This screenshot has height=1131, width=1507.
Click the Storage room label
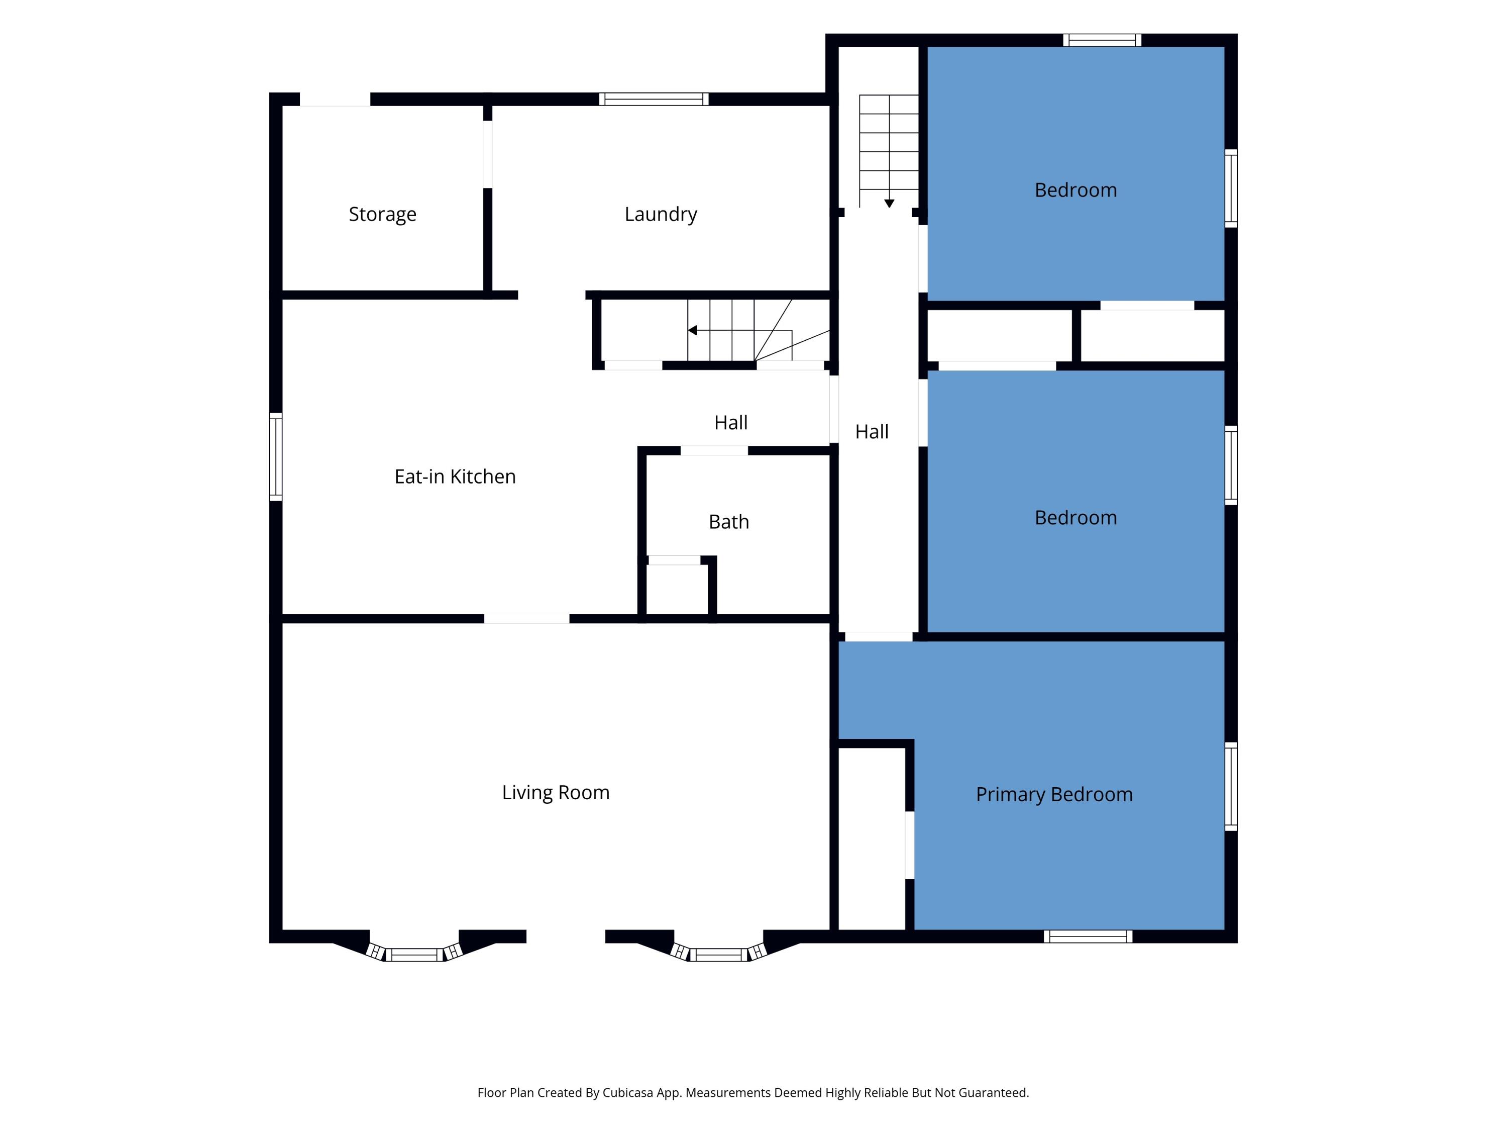click(x=382, y=214)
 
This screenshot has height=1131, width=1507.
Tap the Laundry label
click(x=661, y=214)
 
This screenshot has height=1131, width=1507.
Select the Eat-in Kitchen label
click(x=455, y=477)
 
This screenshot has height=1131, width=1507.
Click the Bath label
click(x=729, y=522)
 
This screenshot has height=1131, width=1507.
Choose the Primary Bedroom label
click(x=1054, y=795)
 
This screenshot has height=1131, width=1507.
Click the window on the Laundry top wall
click(x=654, y=100)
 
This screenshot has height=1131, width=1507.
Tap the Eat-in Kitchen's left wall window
click(x=275, y=457)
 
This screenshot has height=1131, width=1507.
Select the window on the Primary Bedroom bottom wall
click(x=1088, y=936)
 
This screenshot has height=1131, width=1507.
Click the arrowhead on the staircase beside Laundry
click(x=692, y=331)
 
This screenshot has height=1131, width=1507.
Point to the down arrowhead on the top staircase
click(x=889, y=203)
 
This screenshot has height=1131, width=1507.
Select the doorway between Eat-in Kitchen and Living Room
click(x=526, y=619)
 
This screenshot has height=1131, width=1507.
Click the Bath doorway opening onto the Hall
click(x=714, y=450)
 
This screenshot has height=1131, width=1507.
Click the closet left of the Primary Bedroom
click(x=872, y=838)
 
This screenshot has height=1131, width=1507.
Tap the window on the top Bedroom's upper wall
click(x=1102, y=40)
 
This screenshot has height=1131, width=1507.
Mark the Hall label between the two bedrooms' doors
click(x=872, y=431)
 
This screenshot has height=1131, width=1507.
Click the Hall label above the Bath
click(x=731, y=423)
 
